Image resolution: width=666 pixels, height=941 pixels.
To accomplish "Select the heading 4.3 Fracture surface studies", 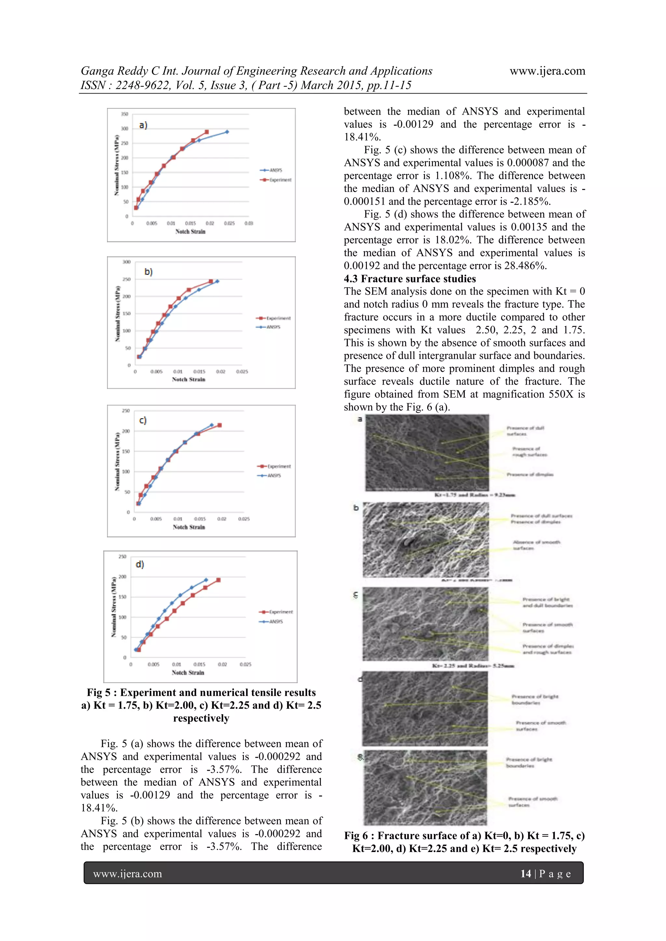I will [410, 279].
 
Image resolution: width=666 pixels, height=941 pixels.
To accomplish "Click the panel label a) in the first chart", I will [143, 125].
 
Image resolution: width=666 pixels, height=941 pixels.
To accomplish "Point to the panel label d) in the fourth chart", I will [140, 564].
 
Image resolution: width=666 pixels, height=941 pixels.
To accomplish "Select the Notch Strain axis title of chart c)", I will [189, 527].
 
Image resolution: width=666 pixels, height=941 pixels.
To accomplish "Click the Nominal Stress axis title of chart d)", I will [113, 607].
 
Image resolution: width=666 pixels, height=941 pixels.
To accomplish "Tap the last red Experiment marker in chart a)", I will [207, 132].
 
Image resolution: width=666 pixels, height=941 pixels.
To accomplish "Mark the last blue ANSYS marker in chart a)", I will [227, 132].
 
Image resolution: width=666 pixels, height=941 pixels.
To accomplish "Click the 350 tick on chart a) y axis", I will [125, 114].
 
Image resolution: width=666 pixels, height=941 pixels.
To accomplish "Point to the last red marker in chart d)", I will [218, 580].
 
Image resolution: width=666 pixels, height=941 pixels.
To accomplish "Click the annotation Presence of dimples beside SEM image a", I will [530, 475].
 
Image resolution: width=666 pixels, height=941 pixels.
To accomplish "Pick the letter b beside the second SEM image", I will [356, 508].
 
